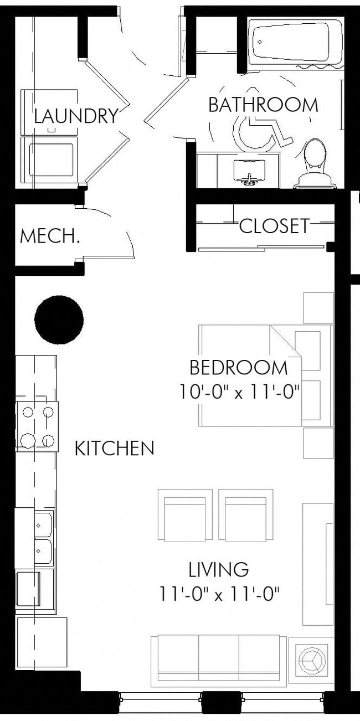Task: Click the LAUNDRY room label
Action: tap(76, 116)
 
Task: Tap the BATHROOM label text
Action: tap(263, 105)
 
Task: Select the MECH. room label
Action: tap(50, 236)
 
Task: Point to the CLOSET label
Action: tap(274, 226)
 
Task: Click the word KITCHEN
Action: tap(114, 449)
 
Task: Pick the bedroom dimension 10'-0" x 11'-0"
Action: tap(239, 393)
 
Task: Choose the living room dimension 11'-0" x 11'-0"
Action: tap(219, 595)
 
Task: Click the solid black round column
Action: tap(59, 320)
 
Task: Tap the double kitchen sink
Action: tap(43, 538)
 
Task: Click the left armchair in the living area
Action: tap(185, 515)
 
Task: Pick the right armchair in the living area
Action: tap(245, 515)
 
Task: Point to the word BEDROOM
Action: tap(239, 368)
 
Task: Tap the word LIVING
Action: tap(219, 570)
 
